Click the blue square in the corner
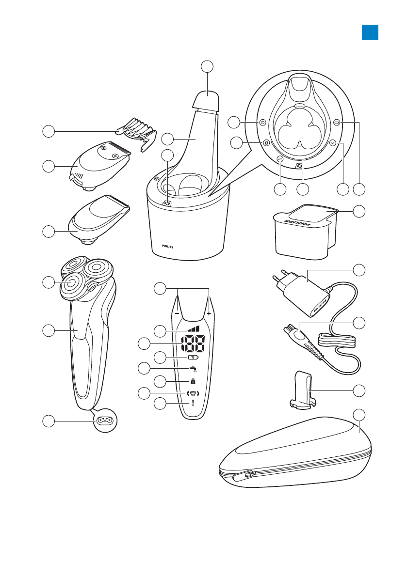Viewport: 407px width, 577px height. coord(370,32)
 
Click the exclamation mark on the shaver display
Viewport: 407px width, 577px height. coord(193,403)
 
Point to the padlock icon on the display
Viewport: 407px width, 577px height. coord(193,381)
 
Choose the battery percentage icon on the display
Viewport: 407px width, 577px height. coord(193,358)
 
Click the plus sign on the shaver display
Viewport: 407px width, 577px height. coord(209,313)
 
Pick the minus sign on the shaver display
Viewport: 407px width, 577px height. coord(178,313)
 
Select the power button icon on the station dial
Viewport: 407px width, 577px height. coord(262,123)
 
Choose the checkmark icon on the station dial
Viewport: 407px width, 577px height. coord(332,143)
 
